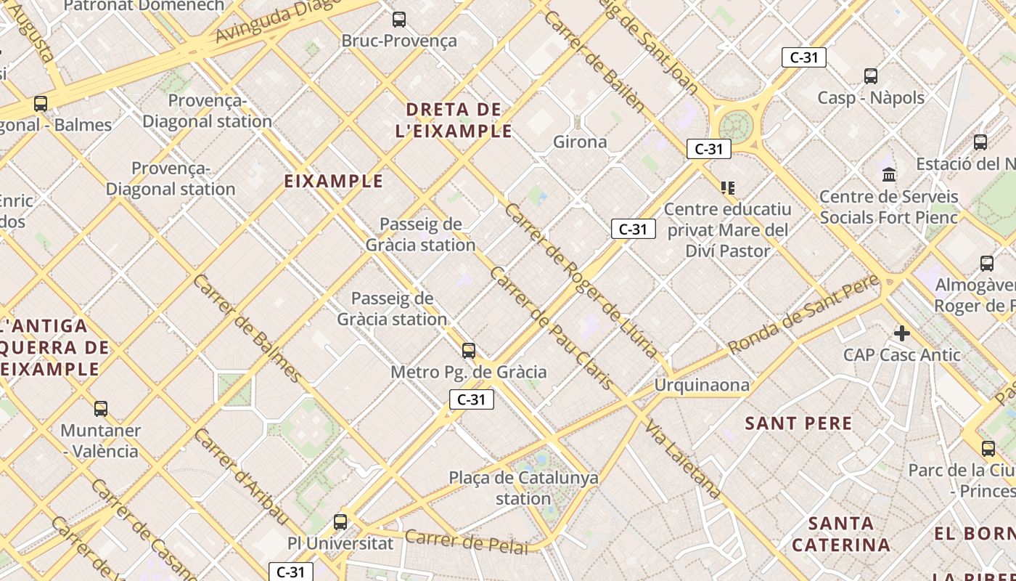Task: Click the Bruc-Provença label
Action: [x=399, y=41]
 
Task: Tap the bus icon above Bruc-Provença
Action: [x=399, y=20]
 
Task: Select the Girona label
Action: [x=580, y=142]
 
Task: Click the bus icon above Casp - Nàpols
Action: [x=871, y=76]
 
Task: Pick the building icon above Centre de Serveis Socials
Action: [x=889, y=174]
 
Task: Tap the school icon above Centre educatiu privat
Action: [x=728, y=188]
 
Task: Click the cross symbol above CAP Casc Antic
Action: [x=902, y=333]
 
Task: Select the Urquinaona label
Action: [x=702, y=385]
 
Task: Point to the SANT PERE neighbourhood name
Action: [x=798, y=423]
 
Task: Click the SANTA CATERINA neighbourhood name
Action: [x=841, y=534]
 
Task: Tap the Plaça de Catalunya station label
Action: [x=523, y=488]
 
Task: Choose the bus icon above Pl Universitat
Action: [x=340, y=521]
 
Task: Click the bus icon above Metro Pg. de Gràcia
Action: [x=469, y=351]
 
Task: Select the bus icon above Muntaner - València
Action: [x=101, y=409]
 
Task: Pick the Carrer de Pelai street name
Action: [x=467, y=542]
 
